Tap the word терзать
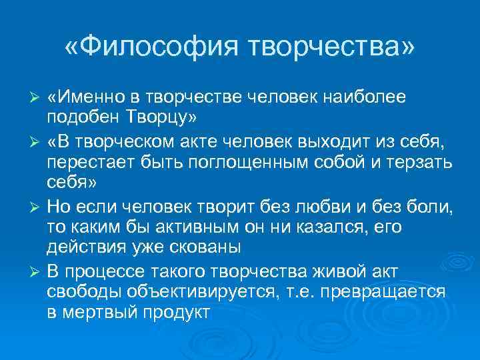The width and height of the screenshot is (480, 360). [419, 162]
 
